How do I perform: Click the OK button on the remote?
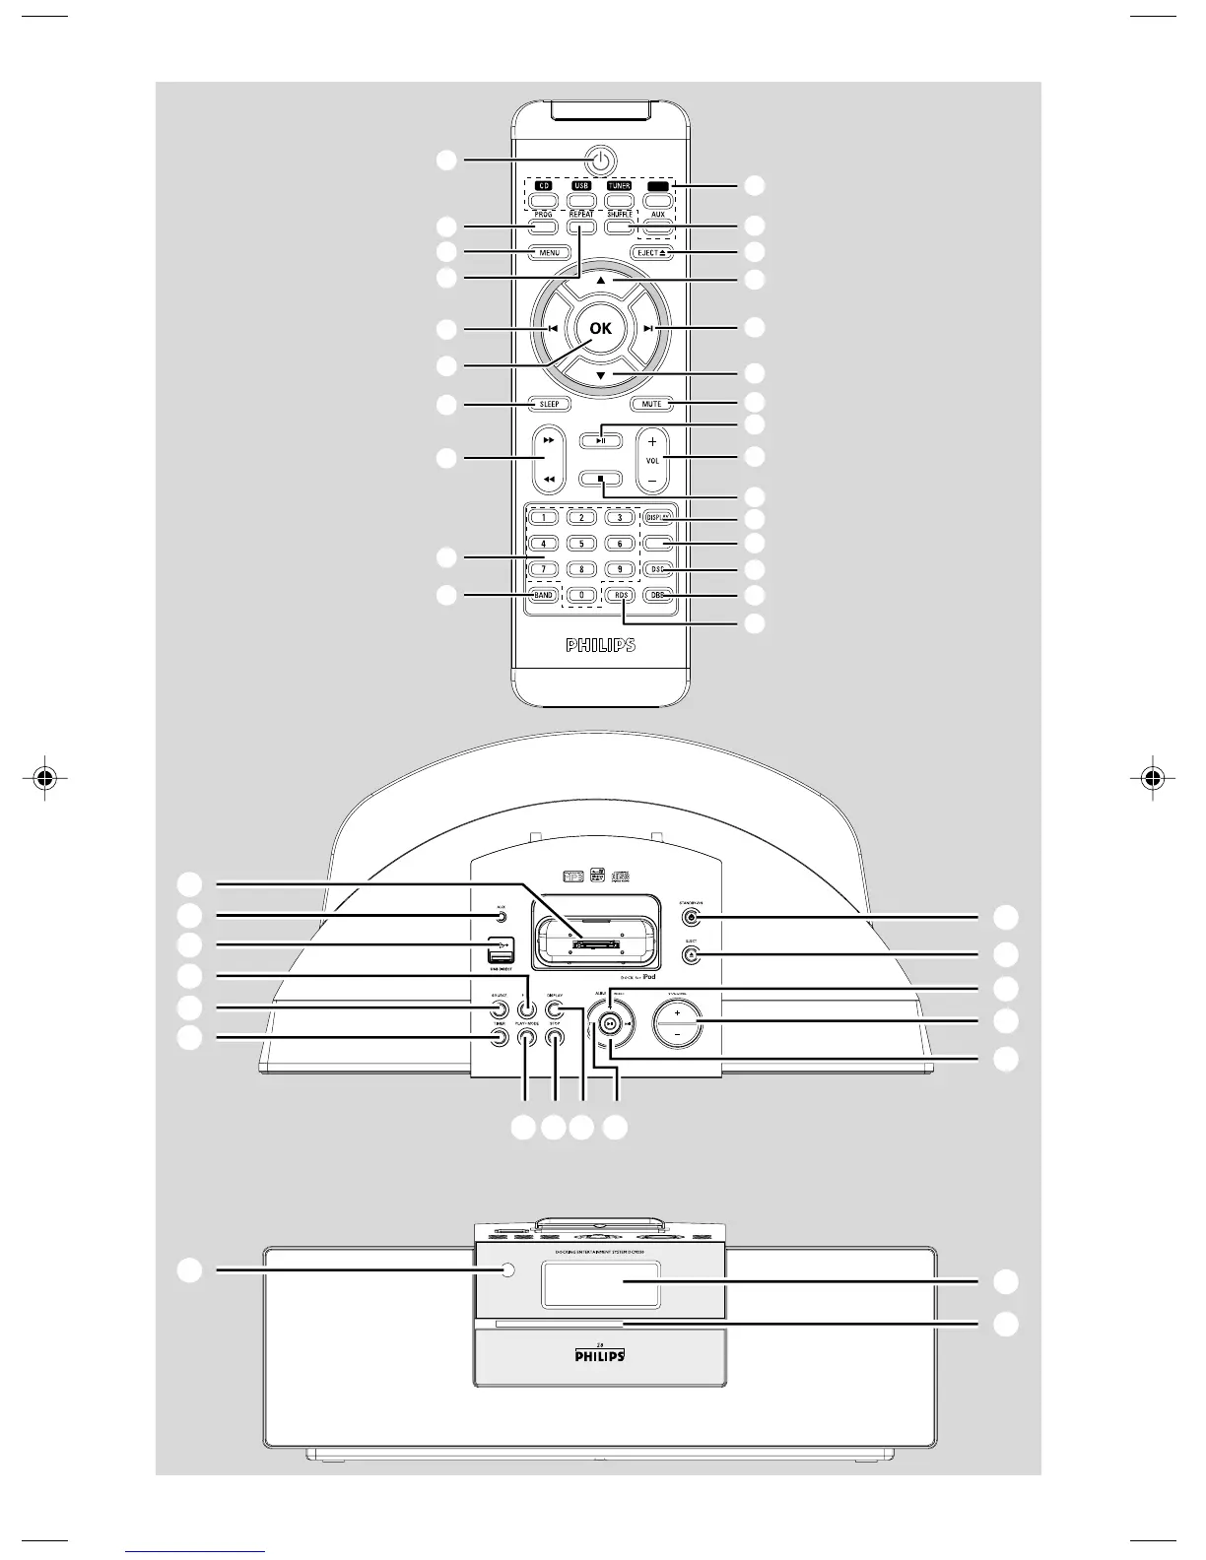pyautogui.click(x=600, y=329)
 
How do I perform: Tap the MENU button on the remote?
pyautogui.click(x=549, y=253)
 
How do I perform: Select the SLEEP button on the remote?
pyautogui.click(x=549, y=404)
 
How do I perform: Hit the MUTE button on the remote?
pyautogui.click(x=651, y=404)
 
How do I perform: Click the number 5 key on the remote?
pyautogui.click(x=581, y=543)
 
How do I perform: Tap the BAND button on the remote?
pyautogui.click(x=543, y=595)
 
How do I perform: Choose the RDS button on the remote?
pyautogui.click(x=620, y=595)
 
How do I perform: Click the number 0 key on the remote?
pyautogui.click(x=581, y=595)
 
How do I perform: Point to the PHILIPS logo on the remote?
pyautogui.click(x=600, y=646)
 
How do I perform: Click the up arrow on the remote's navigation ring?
pyautogui.click(x=600, y=281)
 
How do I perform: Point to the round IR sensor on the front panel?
pyautogui.click(x=507, y=1270)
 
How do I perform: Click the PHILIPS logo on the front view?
pyautogui.click(x=600, y=1356)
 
